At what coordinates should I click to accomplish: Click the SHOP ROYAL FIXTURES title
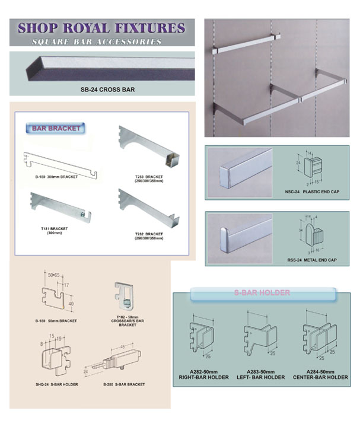point(101,28)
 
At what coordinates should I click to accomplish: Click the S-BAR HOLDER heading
point(263,293)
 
